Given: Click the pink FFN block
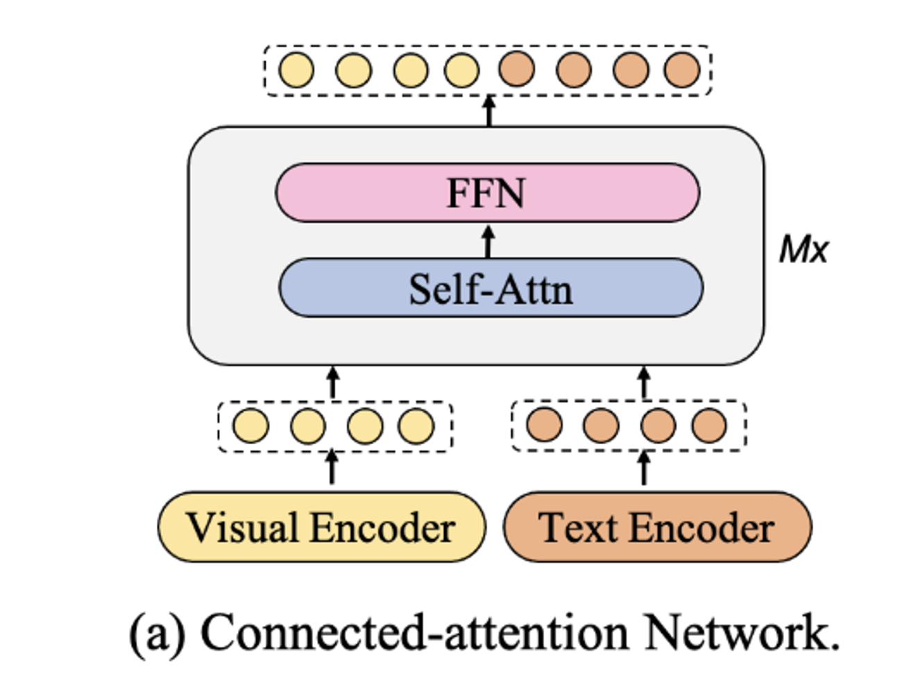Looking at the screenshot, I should coord(487,192).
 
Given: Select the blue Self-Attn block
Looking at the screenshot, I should coord(491,288).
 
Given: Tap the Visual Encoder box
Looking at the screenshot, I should coord(321,527).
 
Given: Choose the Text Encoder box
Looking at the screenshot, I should coord(656,527).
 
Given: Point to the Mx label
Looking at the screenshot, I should coord(803,249).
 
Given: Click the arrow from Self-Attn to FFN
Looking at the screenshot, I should coord(489,241).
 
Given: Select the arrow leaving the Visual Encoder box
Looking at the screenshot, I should coord(332,467).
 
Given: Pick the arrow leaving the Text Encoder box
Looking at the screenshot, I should coord(644,467).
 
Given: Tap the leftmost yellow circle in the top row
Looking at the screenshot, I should coord(296,70).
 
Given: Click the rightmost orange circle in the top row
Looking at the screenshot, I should coord(681,70).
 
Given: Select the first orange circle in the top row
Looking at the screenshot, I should coord(517,69).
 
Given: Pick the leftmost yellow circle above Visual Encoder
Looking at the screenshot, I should coord(250,425).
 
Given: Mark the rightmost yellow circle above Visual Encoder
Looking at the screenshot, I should coord(416,425).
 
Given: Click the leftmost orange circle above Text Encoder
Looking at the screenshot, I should coord(544,425).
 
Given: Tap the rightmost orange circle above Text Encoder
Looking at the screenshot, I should coord(709,425).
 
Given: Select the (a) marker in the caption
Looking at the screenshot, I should coord(158,633).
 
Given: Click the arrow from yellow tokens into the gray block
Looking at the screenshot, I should coord(333,383).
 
